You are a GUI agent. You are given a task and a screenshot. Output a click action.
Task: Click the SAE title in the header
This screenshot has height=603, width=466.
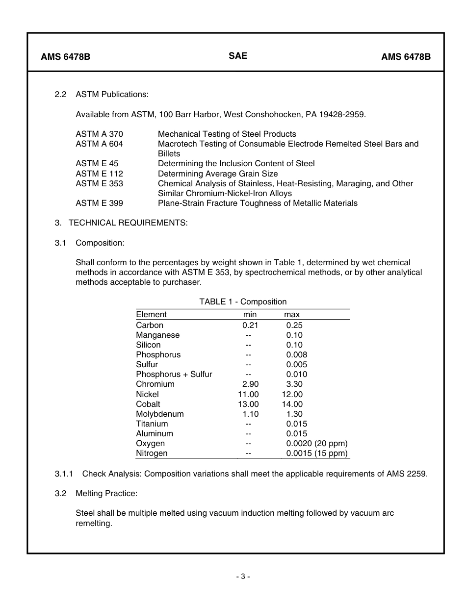(238, 56)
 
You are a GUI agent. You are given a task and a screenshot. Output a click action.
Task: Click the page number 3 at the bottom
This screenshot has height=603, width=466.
(243, 577)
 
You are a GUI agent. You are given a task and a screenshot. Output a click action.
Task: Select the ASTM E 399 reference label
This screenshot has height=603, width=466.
(99, 203)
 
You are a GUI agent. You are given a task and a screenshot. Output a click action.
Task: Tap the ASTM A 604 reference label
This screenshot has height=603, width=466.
(99, 144)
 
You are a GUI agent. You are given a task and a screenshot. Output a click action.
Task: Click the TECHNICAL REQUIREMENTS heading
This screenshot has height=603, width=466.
(128, 223)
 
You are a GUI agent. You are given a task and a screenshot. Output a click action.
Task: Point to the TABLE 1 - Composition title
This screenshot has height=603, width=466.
(243, 301)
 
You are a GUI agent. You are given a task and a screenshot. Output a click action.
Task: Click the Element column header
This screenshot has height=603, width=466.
(151, 314)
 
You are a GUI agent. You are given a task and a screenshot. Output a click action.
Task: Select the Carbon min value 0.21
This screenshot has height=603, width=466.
(250, 325)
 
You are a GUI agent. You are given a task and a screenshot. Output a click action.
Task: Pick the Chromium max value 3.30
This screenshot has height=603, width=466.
(294, 384)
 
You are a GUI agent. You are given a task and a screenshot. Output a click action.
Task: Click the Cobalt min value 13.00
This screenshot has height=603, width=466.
(248, 404)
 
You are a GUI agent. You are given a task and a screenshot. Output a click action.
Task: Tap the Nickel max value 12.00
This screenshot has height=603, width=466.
(292, 394)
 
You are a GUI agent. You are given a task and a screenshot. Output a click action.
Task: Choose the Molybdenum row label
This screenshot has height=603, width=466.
(160, 414)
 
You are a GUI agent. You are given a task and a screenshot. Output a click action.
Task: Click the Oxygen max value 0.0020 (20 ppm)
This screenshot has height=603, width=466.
(317, 443)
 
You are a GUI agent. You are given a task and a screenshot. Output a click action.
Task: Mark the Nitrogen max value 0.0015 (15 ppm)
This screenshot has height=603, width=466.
(317, 453)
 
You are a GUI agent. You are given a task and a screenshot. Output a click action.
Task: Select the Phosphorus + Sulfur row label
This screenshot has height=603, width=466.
(174, 375)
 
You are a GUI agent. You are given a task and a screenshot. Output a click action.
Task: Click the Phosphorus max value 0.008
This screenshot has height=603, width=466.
(297, 354)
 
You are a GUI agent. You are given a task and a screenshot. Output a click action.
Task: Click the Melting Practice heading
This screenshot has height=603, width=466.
(106, 493)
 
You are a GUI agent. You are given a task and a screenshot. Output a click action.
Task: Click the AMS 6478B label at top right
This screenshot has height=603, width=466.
(406, 57)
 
